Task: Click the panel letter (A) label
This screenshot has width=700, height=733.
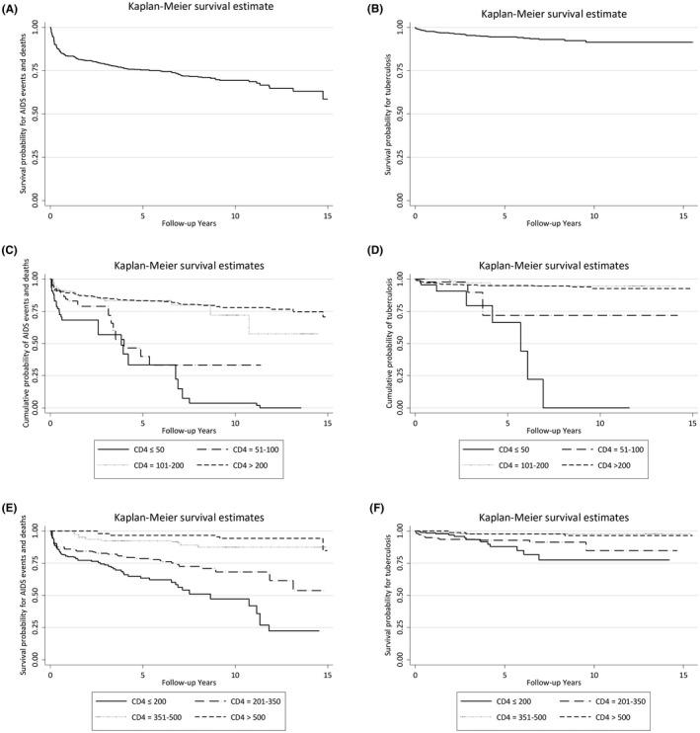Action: click(x=16, y=7)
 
